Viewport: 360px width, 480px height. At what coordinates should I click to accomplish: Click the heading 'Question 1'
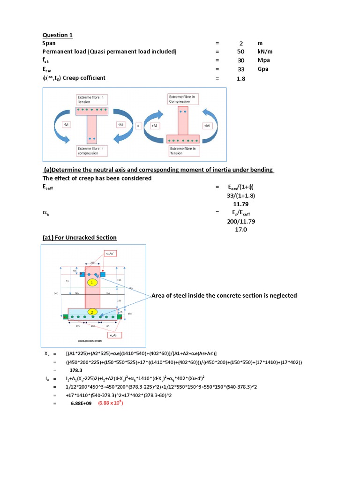tap(58, 35)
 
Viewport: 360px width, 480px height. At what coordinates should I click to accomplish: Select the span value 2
tap(240, 43)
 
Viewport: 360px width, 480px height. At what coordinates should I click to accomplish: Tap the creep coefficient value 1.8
tap(240, 79)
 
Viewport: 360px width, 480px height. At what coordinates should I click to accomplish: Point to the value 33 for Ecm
tap(240, 69)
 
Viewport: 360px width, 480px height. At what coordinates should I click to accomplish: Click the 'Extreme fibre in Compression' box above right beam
tap(183, 98)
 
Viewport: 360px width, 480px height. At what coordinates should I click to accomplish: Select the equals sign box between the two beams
tap(138, 126)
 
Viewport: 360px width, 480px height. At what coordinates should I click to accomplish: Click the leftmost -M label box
tap(66, 125)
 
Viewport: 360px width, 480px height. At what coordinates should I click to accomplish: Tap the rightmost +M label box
tap(206, 126)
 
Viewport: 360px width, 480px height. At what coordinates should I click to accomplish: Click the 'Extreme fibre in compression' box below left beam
tap(92, 150)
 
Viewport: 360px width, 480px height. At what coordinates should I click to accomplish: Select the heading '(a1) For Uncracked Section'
tap(80, 238)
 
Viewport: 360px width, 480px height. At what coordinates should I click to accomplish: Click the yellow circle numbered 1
tap(93, 283)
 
